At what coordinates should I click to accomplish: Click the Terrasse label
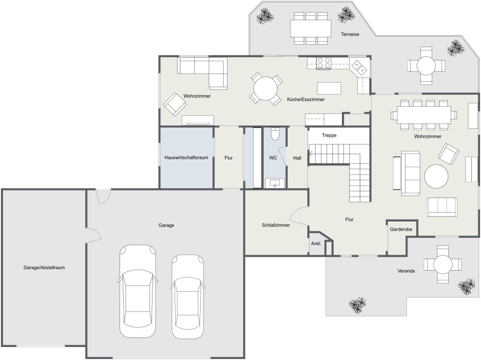[x=350, y=34]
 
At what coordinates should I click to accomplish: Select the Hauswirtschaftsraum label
[x=186, y=158]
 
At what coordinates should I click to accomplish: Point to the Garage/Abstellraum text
[x=44, y=267]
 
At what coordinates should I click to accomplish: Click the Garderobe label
[x=401, y=230]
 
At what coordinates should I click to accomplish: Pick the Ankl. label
[x=316, y=243]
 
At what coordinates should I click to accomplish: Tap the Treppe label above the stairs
[x=329, y=136]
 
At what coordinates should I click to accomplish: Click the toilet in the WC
[x=275, y=133]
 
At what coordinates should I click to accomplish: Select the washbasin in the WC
[x=274, y=183]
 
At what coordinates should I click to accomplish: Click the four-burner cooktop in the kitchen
[x=324, y=62]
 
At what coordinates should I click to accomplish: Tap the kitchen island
[x=329, y=88]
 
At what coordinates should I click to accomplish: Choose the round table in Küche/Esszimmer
[x=266, y=89]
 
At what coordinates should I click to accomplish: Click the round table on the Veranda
[x=442, y=264]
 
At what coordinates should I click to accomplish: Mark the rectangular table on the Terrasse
[x=311, y=28]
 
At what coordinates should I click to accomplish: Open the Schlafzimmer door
[x=299, y=216]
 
